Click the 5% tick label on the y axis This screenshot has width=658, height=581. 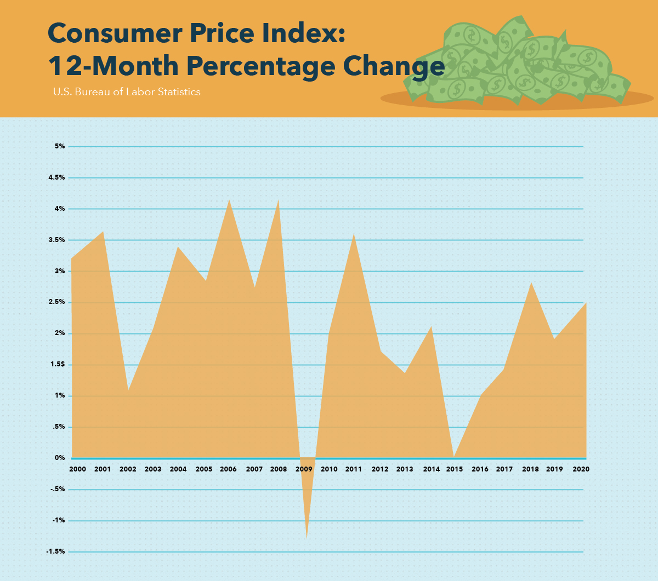[x=59, y=146]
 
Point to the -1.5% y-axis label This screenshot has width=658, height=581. [x=55, y=551]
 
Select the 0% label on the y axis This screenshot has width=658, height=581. [x=59, y=458]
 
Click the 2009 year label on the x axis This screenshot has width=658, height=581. [x=304, y=469]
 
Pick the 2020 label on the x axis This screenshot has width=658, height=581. [x=581, y=469]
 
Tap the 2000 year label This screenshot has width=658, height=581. [x=77, y=469]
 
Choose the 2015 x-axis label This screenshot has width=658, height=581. [x=455, y=469]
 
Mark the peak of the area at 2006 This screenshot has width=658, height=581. [x=229, y=200]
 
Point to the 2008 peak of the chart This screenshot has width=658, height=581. [x=279, y=200]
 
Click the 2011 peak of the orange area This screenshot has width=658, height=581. [x=354, y=234]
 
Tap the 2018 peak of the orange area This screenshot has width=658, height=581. [x=531, y=283]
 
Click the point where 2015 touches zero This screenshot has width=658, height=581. [x=454, y=457]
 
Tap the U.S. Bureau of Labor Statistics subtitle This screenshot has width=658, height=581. [x=127, y=92]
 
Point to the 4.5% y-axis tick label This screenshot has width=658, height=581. [x=57, y=177]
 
